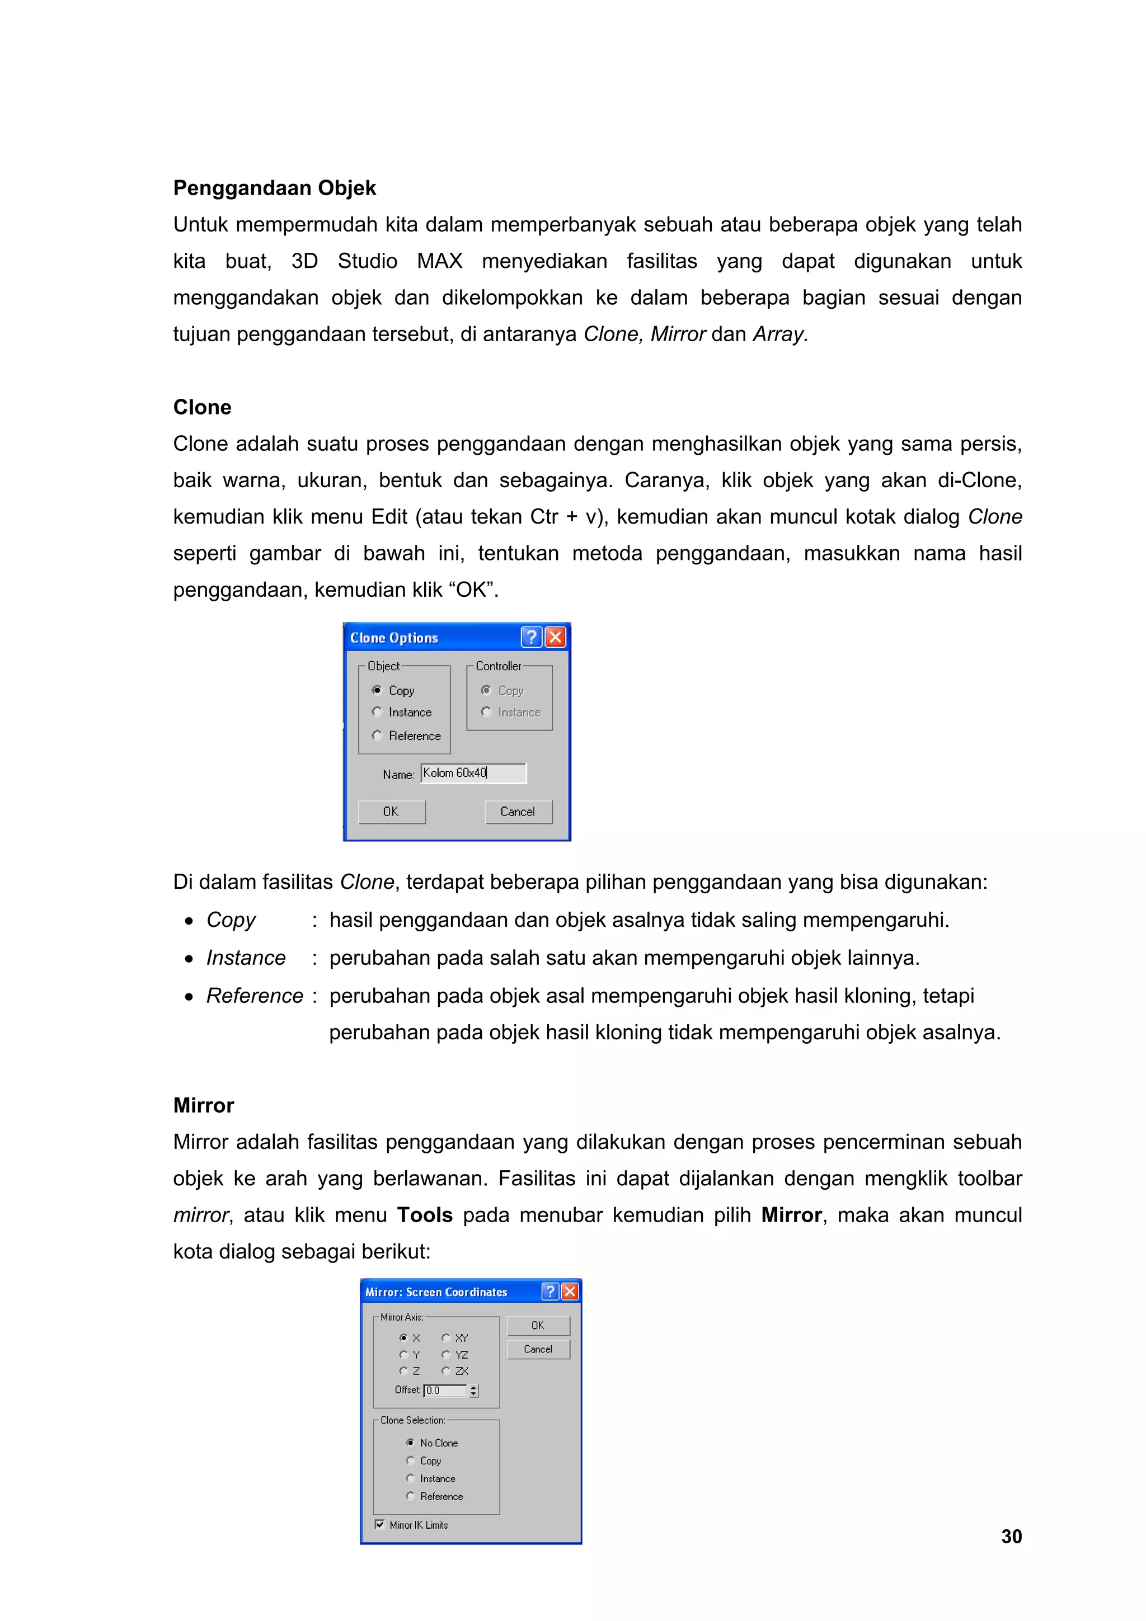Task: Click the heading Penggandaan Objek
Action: [274, 188]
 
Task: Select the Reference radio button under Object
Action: [377, 735]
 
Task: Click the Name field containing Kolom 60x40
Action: [473, 773]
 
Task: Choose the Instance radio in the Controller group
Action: [486, 711]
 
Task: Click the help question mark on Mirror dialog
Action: [550, 1292]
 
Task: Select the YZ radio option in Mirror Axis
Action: [445, 1354]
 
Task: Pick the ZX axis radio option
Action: [445, 1370]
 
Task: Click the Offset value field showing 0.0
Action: [445, 1390]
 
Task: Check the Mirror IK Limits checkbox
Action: [380, 1524]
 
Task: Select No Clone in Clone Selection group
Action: [410, 1443]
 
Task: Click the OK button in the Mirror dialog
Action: [538, 1325]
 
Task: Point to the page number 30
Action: [1011, 1537]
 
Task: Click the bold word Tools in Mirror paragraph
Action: [424, 1215]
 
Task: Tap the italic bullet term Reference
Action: [254, 996]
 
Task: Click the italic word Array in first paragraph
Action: [779, 334]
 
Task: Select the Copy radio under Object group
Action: [377, 690]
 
